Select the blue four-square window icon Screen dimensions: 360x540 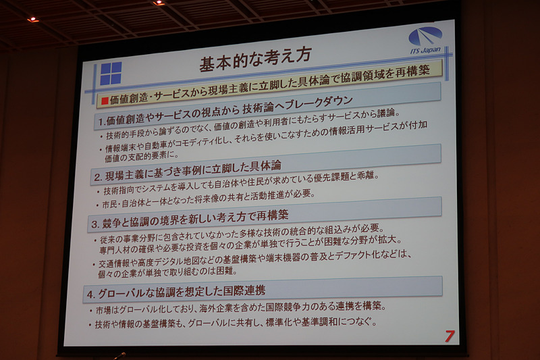110,73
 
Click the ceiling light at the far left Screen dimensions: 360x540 32,19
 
